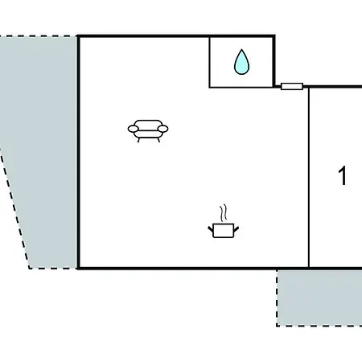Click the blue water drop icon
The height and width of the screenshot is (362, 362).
tap(241, 62)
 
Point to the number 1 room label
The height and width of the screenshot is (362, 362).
tap(343, 175)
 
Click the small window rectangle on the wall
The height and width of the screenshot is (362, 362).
tap(292, 86)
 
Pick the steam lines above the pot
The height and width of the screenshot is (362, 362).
tap(224, 213)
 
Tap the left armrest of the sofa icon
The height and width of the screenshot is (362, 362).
tap(133, 129)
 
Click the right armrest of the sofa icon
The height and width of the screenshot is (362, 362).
tap(162, 129)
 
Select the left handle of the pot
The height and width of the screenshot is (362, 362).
tap(211, 229)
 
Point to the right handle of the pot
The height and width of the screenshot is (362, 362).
tap(236, 229)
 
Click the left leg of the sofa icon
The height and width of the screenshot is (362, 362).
tap(138, 140)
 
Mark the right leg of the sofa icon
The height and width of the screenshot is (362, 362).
tap(158, 140)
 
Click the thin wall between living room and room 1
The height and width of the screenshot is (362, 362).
tap(309, 178)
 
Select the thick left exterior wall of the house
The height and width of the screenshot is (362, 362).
tap(78, 152)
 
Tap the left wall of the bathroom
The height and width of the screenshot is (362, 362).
tap(209, 62)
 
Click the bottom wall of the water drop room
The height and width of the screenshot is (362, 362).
tap(241, 87)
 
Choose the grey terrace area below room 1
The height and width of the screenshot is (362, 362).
tap(319, 298)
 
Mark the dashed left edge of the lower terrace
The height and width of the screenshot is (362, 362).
tap(277, 298)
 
